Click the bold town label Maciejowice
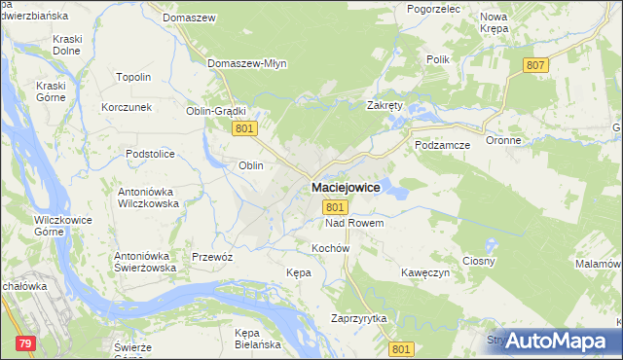pyautogui.click(x=346, y=187)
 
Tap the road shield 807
pyautogui.click(x=534, y=65)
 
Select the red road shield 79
pyautogui.click(x=25, y=342)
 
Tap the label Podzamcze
pyautogui.click(x=442, y=144)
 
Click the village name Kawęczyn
pyautogui.click(x=425, y=273)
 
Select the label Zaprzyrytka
pyautogui.click(x=359, y=319)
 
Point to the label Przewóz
pyautogui.click(x=212, y=256)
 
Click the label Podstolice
pyautogui.click(x=149, y=154)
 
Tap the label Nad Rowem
pyautogui.click(x=354, y=223)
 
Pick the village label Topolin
pyautogui.click(x=133, y=77)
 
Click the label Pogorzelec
pyautogui.click(x=435, y=8)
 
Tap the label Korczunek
pyautogui.click(x=127, y=107)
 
